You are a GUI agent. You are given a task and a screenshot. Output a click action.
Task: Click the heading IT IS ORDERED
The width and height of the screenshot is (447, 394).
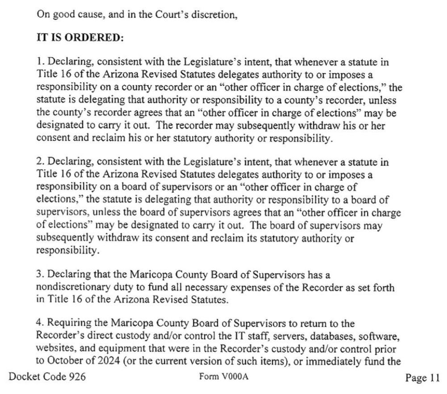[79, 38]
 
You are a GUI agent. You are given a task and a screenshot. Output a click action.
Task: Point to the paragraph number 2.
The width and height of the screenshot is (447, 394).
[39, 163]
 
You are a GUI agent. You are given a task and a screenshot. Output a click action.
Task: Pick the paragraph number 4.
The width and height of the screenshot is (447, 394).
[39, 322]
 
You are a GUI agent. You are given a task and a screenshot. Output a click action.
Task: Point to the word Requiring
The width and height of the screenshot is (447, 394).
[65, 322]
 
